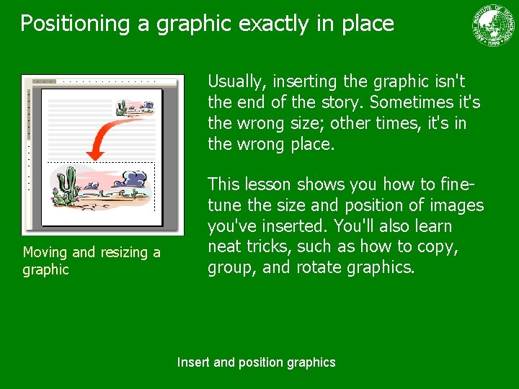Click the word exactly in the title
coord(273,24)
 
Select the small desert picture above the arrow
coord(135,109)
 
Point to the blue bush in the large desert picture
coord(135,178)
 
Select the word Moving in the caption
coord(45,252)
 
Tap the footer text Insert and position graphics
coord(256,362)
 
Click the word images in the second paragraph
coord(456,206)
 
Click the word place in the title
coord(368,24)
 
